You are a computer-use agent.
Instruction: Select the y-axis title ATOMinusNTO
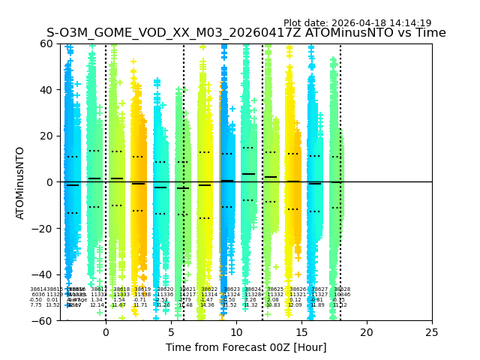(x=21, y=182)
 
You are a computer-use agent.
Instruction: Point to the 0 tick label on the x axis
(x=106, y=331)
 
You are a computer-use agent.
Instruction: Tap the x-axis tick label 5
(x=171, y=331)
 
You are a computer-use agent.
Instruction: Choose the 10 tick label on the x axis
(x=236, y=331)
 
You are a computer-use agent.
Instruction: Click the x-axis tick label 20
(x=367, y=331)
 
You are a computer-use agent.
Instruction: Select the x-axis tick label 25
(x=432, y=331)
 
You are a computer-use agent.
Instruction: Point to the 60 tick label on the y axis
(x=47, y=43)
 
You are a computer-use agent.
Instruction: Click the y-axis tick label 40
(x=47, y=90)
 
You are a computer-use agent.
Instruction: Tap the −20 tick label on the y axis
(x=44, y=229)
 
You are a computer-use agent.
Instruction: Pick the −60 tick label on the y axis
(x=44, y=321)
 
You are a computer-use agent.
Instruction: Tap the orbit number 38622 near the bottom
(x=209, y=289)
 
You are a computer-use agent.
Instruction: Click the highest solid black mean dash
(x=248, y=174)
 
